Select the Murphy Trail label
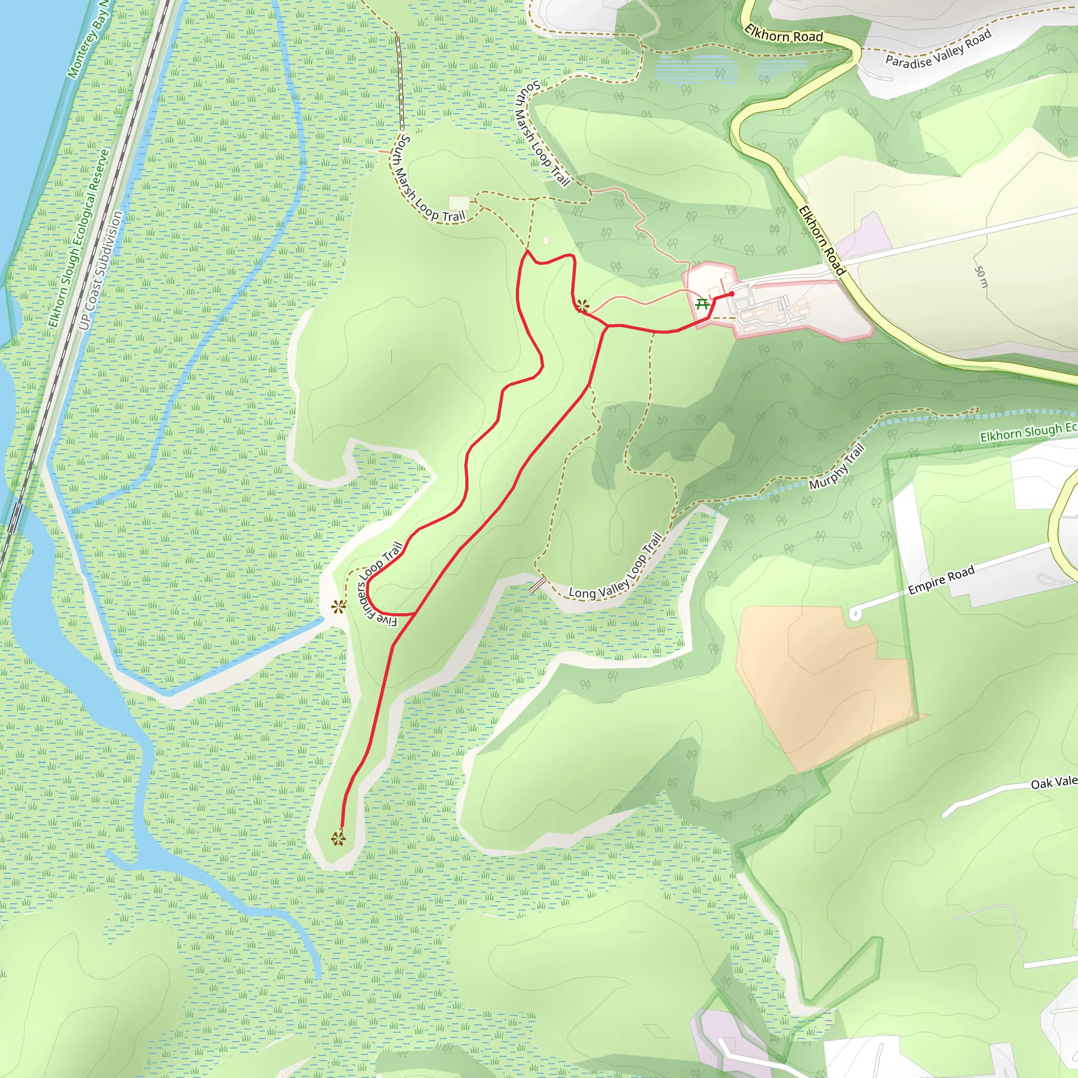coord(836,466)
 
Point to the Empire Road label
coord(941,580)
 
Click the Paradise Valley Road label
coord(938,49)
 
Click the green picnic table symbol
coord(702,304)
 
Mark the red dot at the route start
coord(732,294)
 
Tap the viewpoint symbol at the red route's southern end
coord(338,838)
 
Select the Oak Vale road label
coord(1053,783)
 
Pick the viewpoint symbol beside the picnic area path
coord(583,305)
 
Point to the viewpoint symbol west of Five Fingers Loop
coord(338,606)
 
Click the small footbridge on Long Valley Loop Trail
coord(537,585)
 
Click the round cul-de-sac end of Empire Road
coord(854,614)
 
